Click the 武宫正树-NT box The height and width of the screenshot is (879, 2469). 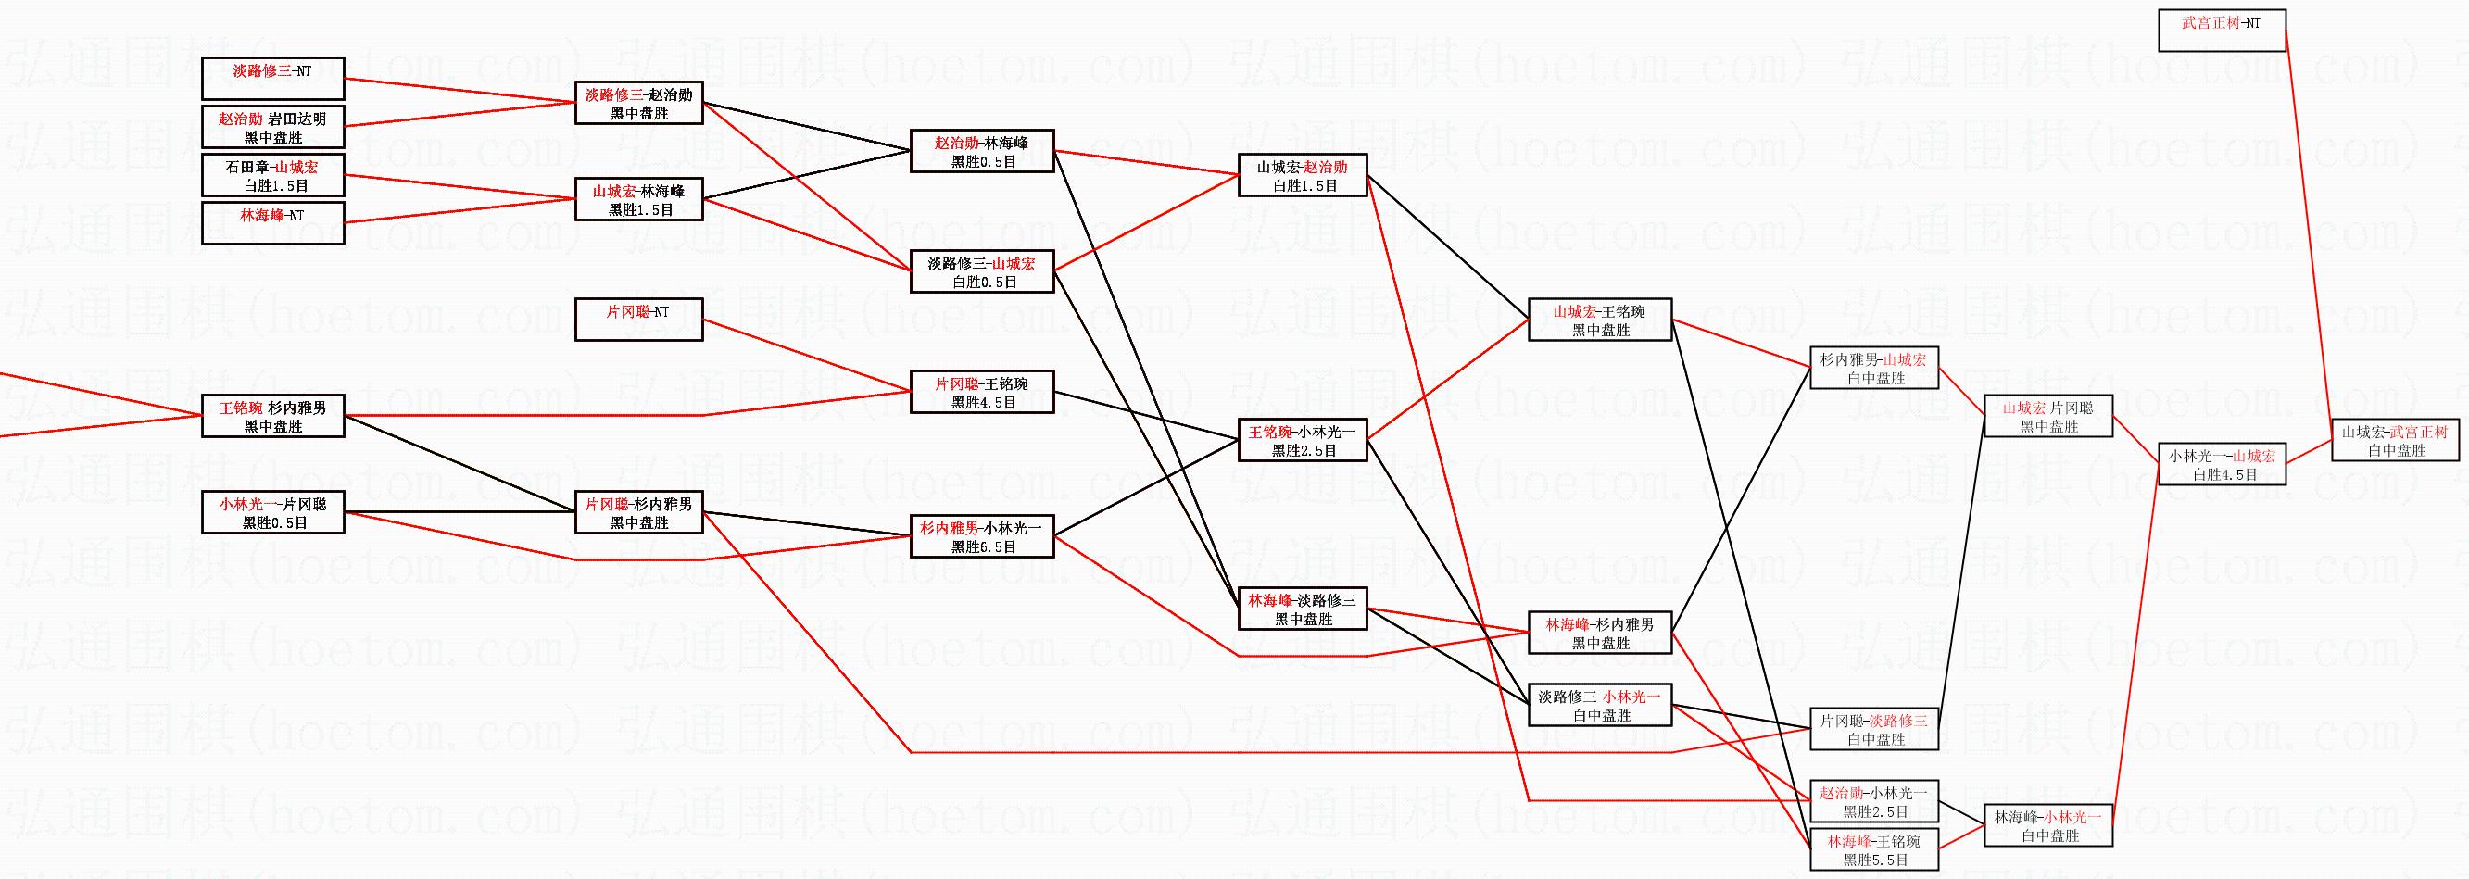click(2222, 31)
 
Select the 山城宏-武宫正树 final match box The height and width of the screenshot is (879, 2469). click(2395, 440)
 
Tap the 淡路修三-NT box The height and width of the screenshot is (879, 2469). click(272, 78)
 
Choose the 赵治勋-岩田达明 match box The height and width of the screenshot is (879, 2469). click(272, 128)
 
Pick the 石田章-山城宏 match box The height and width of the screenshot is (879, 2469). click(272, 174)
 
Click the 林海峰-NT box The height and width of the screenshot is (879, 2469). click(272, 222)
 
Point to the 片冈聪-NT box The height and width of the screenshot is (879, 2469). click(638, 320)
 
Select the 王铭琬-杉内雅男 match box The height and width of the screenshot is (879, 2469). click(272, 416)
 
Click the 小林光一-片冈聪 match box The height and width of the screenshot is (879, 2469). click(272, 512)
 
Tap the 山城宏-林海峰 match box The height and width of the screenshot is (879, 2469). click(638, 199)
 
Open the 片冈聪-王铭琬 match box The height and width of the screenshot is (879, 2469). click(981, 392)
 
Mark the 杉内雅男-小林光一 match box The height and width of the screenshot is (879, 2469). click(981, 536)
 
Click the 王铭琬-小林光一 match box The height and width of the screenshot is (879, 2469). click(1302, 440)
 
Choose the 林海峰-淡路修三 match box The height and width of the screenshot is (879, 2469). click(1302, 609)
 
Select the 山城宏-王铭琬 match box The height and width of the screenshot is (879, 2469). click(1600, 320)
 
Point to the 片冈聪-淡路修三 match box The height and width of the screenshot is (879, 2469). click(1874, 729)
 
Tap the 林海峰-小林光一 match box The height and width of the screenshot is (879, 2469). click(2048, 825)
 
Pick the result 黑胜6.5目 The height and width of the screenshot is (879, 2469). click(983, 546)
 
